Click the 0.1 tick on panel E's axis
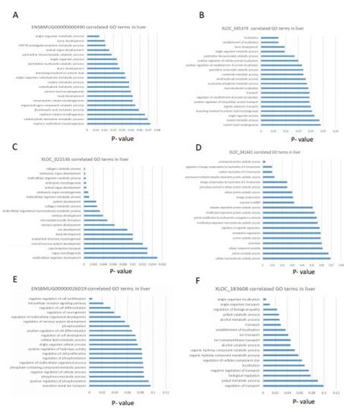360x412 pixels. [156, 393]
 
